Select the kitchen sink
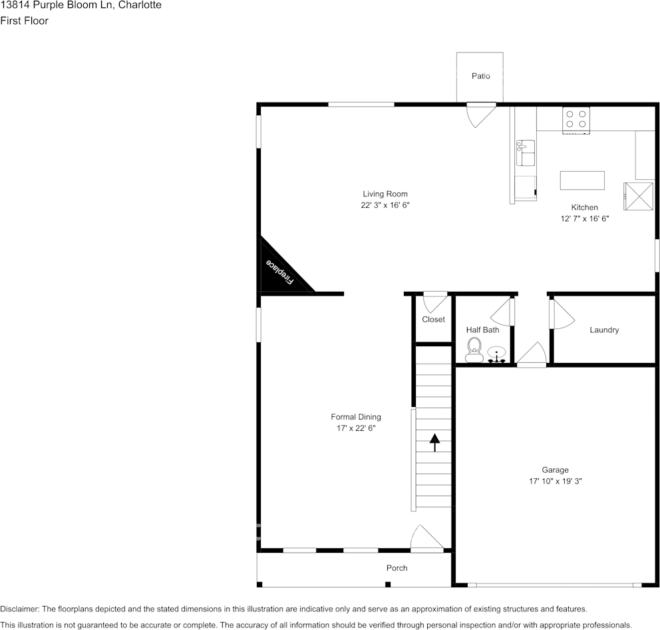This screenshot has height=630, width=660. [x=526, y=153]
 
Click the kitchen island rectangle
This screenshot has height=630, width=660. [x=582, y=180]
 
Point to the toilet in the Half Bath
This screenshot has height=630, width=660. [x=474, y=348]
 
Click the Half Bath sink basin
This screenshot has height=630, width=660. [x=496, y=352]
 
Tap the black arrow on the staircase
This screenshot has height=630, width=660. [x=434, y=442]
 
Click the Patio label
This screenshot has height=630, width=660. [x=480, y=76]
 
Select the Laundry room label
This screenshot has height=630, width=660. [x=604, y=330]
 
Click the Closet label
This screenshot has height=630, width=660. [x=433, y=320]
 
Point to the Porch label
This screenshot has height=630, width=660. [x=397, y=568]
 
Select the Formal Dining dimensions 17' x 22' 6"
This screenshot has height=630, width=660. [x=356, y=428]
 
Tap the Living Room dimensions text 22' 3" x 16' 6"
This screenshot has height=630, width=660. [x=385, y=206]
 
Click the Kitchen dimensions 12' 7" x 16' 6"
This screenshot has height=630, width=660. [x=584, y=218]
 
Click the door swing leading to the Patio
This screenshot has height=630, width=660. [x=479, y=113]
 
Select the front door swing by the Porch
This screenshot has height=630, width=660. [x=426, y=539]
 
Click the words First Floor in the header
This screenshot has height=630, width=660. [x=24, y=21]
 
